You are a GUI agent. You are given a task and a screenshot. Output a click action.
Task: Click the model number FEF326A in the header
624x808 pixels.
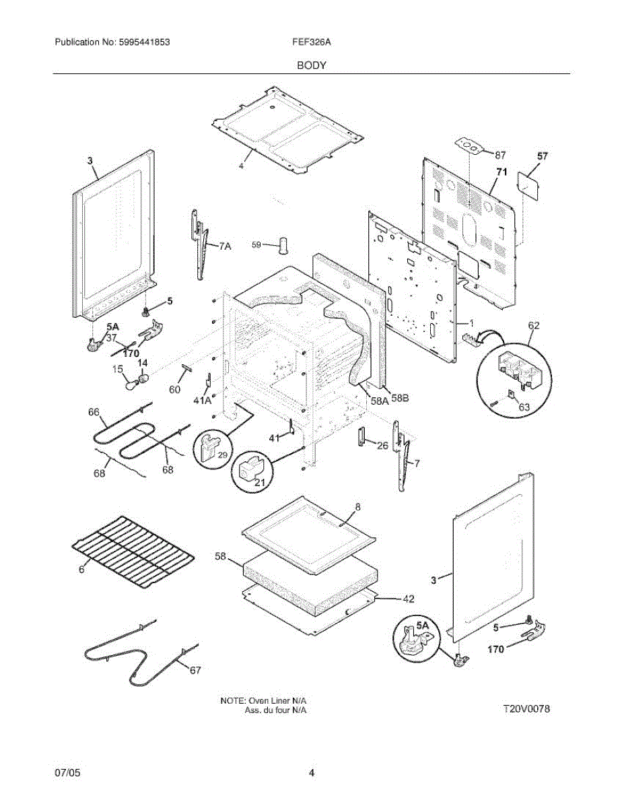312,42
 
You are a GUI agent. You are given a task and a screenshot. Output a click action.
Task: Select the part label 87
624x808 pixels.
499,154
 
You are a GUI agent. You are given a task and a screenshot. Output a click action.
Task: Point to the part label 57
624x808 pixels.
542,156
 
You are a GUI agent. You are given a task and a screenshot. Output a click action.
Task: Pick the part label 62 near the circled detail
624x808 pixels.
534,326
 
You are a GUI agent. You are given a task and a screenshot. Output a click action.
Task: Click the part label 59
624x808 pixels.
256,245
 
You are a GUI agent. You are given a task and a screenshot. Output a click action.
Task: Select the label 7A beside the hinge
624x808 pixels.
224,247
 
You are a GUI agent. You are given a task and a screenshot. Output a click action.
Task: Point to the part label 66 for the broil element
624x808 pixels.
94,411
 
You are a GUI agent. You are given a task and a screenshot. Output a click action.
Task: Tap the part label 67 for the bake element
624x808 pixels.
195,670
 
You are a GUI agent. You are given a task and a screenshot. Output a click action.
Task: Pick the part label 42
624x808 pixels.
408,598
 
